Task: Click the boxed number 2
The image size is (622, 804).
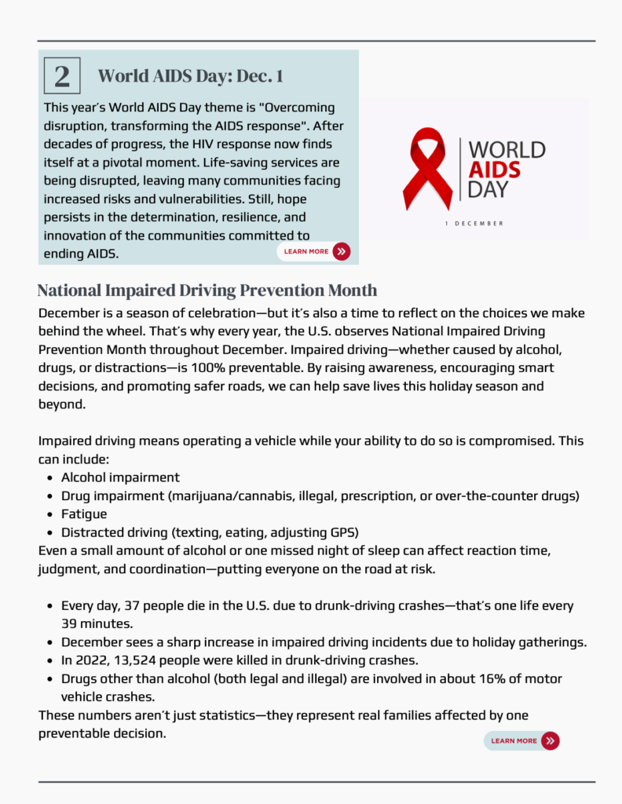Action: pos(62,76)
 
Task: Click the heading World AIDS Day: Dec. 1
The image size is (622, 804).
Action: pos(190,76)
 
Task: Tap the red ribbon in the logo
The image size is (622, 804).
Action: pos(427,169)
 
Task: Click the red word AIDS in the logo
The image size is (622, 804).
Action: pos(494,170)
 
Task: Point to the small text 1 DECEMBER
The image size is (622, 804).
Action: pos(474,224)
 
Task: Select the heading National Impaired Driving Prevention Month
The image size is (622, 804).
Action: pos(207,291)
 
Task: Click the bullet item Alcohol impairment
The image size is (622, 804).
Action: pos(120,477)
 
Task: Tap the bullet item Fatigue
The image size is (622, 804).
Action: pos(84,513)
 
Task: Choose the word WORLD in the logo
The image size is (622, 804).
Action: pos(507,149)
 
